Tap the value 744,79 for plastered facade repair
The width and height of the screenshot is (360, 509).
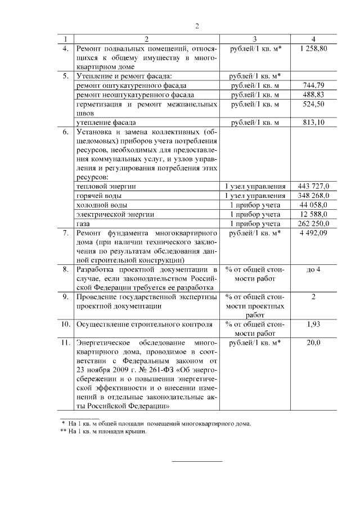pyautogui.click(x=313, y=85)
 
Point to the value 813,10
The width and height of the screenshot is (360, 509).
pyautogui.click(x=313, y=122)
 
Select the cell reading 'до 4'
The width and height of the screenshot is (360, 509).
pyautogui.click(x=313, y=269)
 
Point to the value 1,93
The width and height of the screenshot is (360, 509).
pyautogui.click(x=313, y=325)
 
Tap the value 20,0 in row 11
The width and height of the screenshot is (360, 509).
pyautogui.click(x=313, y=343)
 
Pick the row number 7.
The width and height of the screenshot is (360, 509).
pyautogui.click(x=66, y=232)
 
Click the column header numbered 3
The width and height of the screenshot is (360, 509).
pyautogui.click(x=255, y=39)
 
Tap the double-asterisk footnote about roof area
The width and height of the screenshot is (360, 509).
pyautogui.click(x=103, y=431)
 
